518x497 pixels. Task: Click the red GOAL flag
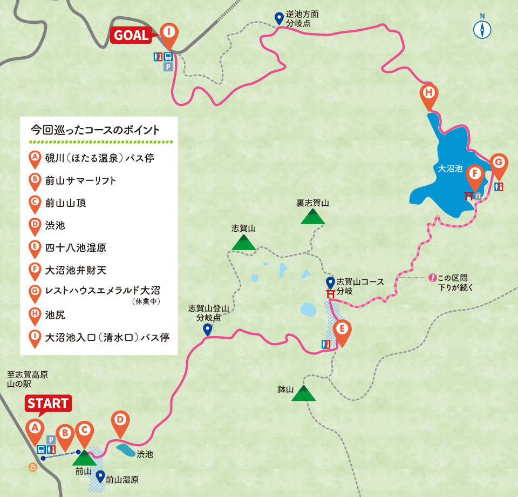pyautogui.click(x=131, y=35)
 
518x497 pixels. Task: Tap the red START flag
pyautogui.click(x=47, y=403)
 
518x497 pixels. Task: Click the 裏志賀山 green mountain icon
pyautogui.click(x=312, y=217)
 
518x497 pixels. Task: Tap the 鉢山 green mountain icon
pyautogui.click(x=303, y=393)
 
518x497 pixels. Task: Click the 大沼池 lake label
pyautogui.click(x=451, y=169)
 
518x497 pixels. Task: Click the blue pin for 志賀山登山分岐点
pyautogui.click(x=207, y=330)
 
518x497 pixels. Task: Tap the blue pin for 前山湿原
pyautogui.click(x=100, y=476)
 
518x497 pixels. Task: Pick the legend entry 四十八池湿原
pyautogui.click(x=76, y=248)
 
